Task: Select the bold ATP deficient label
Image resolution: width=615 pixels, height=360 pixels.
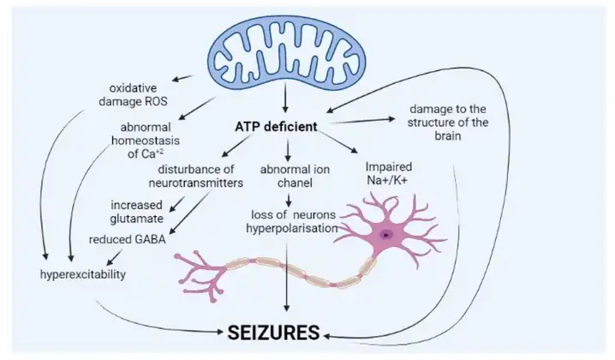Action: (x=276, y=126)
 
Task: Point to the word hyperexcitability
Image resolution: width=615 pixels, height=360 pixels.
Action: (x=83, y=275)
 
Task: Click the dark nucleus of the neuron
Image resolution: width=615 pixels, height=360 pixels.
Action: (x=387, y=233)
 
